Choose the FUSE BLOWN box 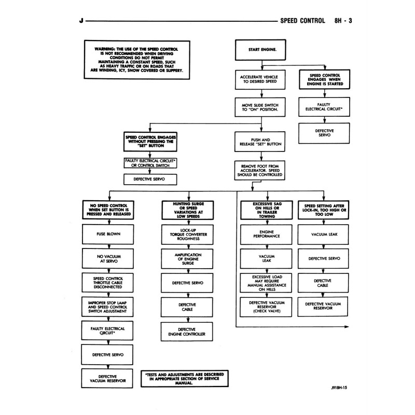(108, 234)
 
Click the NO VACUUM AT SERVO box (108, 258)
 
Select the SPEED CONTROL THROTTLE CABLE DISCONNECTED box (108, 282)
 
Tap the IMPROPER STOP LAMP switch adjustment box (108, 306)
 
